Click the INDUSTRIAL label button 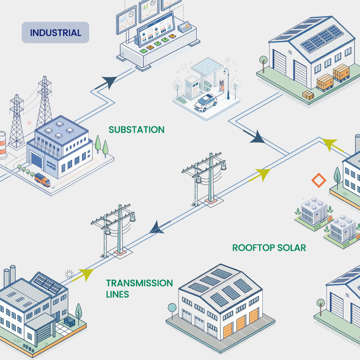55,33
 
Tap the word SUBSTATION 136,130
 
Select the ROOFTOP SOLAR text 269,247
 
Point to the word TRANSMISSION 139,283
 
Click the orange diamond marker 319,181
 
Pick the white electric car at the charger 205,102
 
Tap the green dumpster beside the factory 70,322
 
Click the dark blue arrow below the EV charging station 257,137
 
